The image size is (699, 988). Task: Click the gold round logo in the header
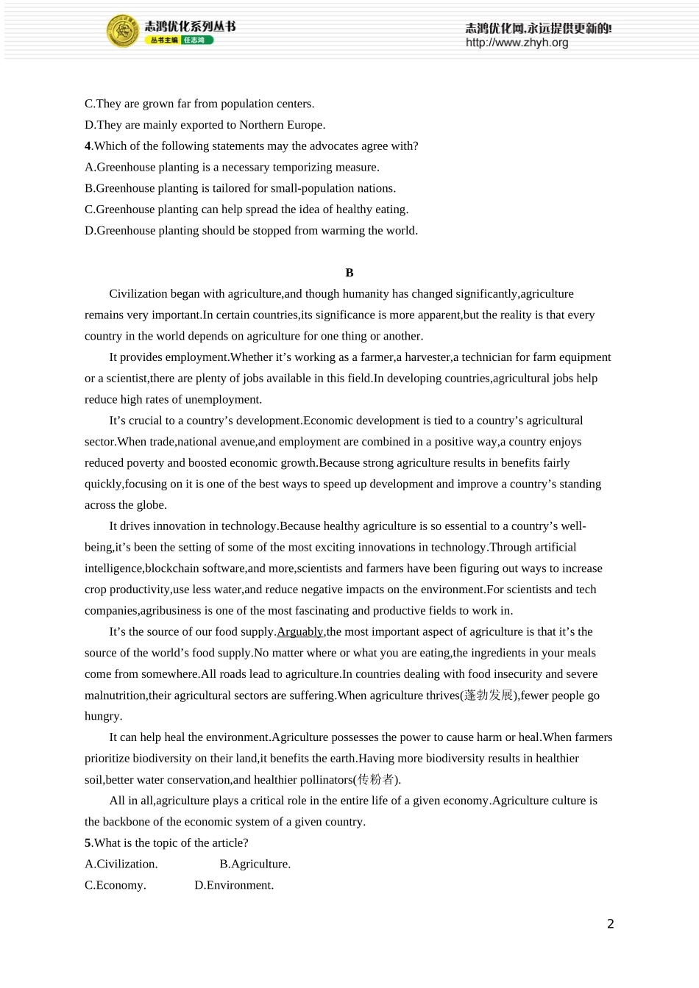[122, 31]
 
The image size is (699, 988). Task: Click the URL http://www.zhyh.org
[517, 43]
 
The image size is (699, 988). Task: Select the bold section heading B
[349, 273]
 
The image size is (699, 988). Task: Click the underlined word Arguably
[300, 631]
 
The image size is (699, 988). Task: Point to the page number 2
[610, 924]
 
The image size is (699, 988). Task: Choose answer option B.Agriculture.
[255, 864]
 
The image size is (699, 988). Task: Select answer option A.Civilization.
[121, 864]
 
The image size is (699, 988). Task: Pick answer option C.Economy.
[116, 885]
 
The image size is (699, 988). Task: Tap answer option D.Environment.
[234, 885]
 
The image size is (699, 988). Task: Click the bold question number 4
[88, 146]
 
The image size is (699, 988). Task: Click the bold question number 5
[88, 842]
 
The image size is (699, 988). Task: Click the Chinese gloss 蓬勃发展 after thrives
[489, 695]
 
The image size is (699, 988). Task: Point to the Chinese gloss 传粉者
[377, 779]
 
